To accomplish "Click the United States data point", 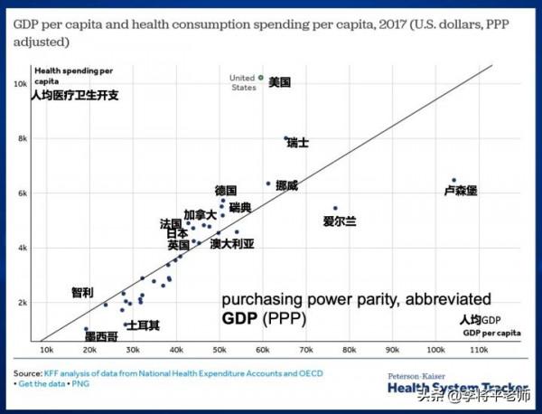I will [261, 78].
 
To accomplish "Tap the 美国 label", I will [280, 82].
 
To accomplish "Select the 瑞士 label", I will [298, 143].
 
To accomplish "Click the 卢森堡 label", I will [461, 191].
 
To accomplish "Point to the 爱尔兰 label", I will [340, 221].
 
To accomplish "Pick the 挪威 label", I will [287, 186].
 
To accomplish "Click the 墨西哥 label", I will [100, 336].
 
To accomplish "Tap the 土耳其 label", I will [143, 325].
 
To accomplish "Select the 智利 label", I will [82, 293].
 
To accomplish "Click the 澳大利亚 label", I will [232, 243].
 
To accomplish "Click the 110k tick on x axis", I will [479, 348].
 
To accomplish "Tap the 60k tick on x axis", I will [262, 348].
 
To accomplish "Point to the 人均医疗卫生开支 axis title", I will [75, 94].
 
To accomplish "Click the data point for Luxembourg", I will [453, 180].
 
